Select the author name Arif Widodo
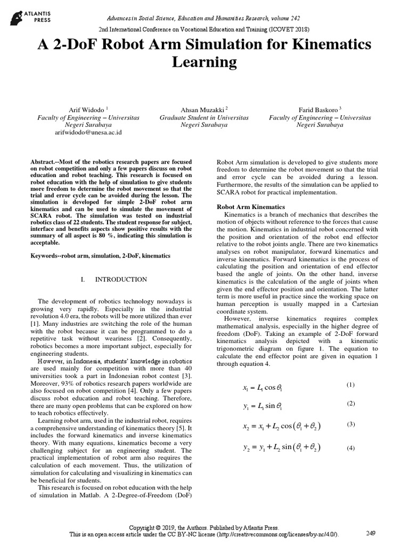85,109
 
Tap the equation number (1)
350,384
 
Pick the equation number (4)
350,448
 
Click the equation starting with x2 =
281,427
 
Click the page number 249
372,533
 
